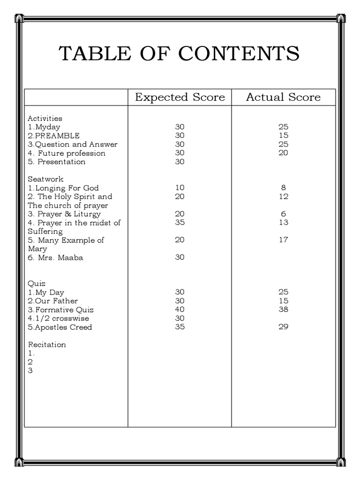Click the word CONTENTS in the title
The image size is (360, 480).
click(x=239, y=54)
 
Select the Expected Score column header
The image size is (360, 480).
click(x=180, y=97)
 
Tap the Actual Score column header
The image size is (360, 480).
click(x=283, y=97)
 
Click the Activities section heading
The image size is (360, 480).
click(x=45, y=118)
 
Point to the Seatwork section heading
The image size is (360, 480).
click(x=45, y=179)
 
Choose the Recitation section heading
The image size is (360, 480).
click(x=47, y=345)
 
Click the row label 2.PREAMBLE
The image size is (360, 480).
click(x=53, y=135)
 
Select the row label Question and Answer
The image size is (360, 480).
click(x=73, y=144)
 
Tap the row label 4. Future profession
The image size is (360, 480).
click(x=67, y=153)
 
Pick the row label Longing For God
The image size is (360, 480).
click(x=63, y=188)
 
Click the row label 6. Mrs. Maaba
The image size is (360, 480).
click(x=55, y=257)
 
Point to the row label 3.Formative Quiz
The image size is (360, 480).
click(x=60, y=309)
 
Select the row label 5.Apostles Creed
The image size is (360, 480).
click(x=60, y=327)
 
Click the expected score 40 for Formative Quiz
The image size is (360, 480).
click(x=180, y=309)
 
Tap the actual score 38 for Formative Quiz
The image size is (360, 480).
click(x=283, y=309)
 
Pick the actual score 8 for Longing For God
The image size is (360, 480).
click(x=283, y=188)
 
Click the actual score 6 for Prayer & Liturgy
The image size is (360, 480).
click(x=283, y=214)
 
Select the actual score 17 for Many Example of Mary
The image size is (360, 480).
click(x=283, y=240)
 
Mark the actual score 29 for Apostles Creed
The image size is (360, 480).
click(x=283, y=327)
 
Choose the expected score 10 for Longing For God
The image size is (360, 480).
click(x=180, y=188)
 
